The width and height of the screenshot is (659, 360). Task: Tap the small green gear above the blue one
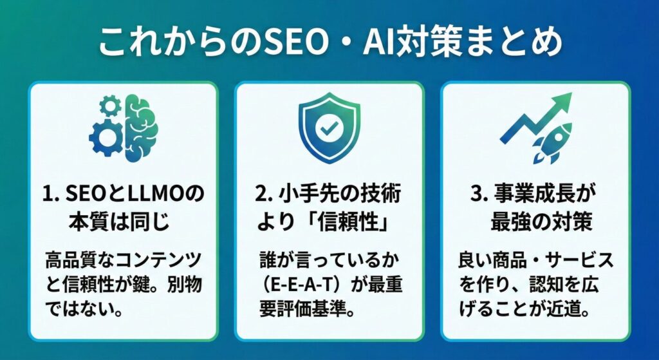pos(110,104)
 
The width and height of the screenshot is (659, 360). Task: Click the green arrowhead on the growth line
pos(561,102)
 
